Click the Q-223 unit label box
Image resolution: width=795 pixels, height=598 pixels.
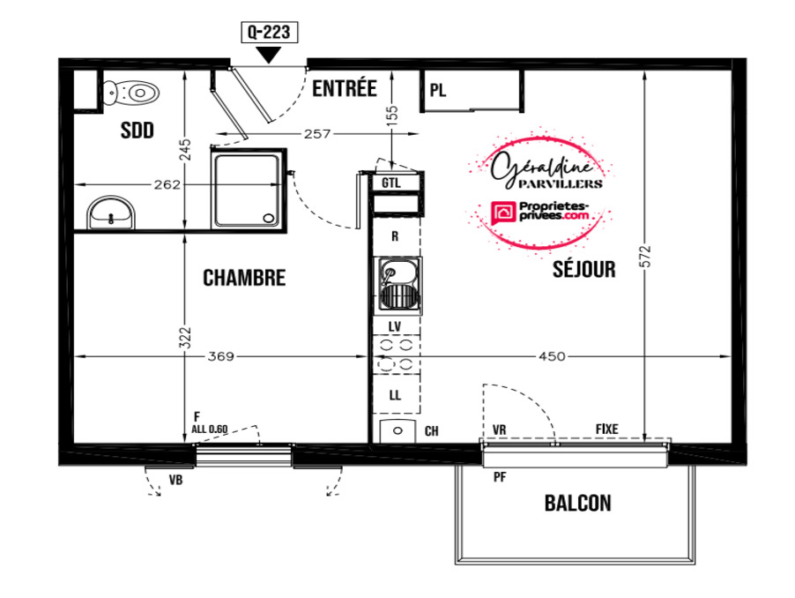[269, 33]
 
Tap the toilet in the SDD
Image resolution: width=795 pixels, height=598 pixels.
[131, 93]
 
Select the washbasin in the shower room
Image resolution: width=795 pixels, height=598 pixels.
[112, 213]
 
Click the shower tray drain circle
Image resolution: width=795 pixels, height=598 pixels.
[268, 219]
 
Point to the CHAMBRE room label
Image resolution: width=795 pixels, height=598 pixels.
[244, 278]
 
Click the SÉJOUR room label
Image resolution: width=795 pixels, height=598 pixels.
[584, 269]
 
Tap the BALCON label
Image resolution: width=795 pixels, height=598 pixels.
[578, 503]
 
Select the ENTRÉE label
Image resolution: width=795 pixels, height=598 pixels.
[345, 88]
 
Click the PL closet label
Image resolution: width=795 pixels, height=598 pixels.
[438, 90]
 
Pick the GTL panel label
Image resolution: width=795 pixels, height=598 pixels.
[391, 183]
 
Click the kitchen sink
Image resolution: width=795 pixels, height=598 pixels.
[398, 286]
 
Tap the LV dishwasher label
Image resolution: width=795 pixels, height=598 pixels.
[395, 326]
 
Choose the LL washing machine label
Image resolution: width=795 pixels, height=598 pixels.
[395, 394]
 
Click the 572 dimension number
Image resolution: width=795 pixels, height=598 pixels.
[645, 257]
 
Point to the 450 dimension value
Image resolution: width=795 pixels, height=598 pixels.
[552, 356]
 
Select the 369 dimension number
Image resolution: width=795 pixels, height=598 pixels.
[221, 356]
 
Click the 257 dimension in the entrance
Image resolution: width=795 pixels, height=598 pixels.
[317, 134]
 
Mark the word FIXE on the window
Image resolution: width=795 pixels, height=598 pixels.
[607, 430]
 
